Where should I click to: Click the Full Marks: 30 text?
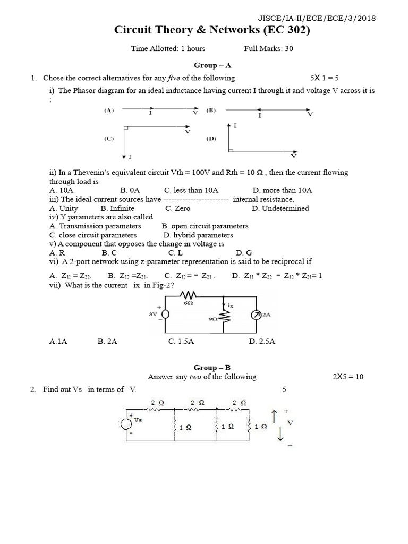pos(269,48)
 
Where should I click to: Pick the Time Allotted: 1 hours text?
pos(168,48)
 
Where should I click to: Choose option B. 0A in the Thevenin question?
pos(130,190)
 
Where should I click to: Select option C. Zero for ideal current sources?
pos(177,208)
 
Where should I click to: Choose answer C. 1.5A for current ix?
pos(181,342)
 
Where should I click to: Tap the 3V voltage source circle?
pos(165,314)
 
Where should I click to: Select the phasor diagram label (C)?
pos(108,139)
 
